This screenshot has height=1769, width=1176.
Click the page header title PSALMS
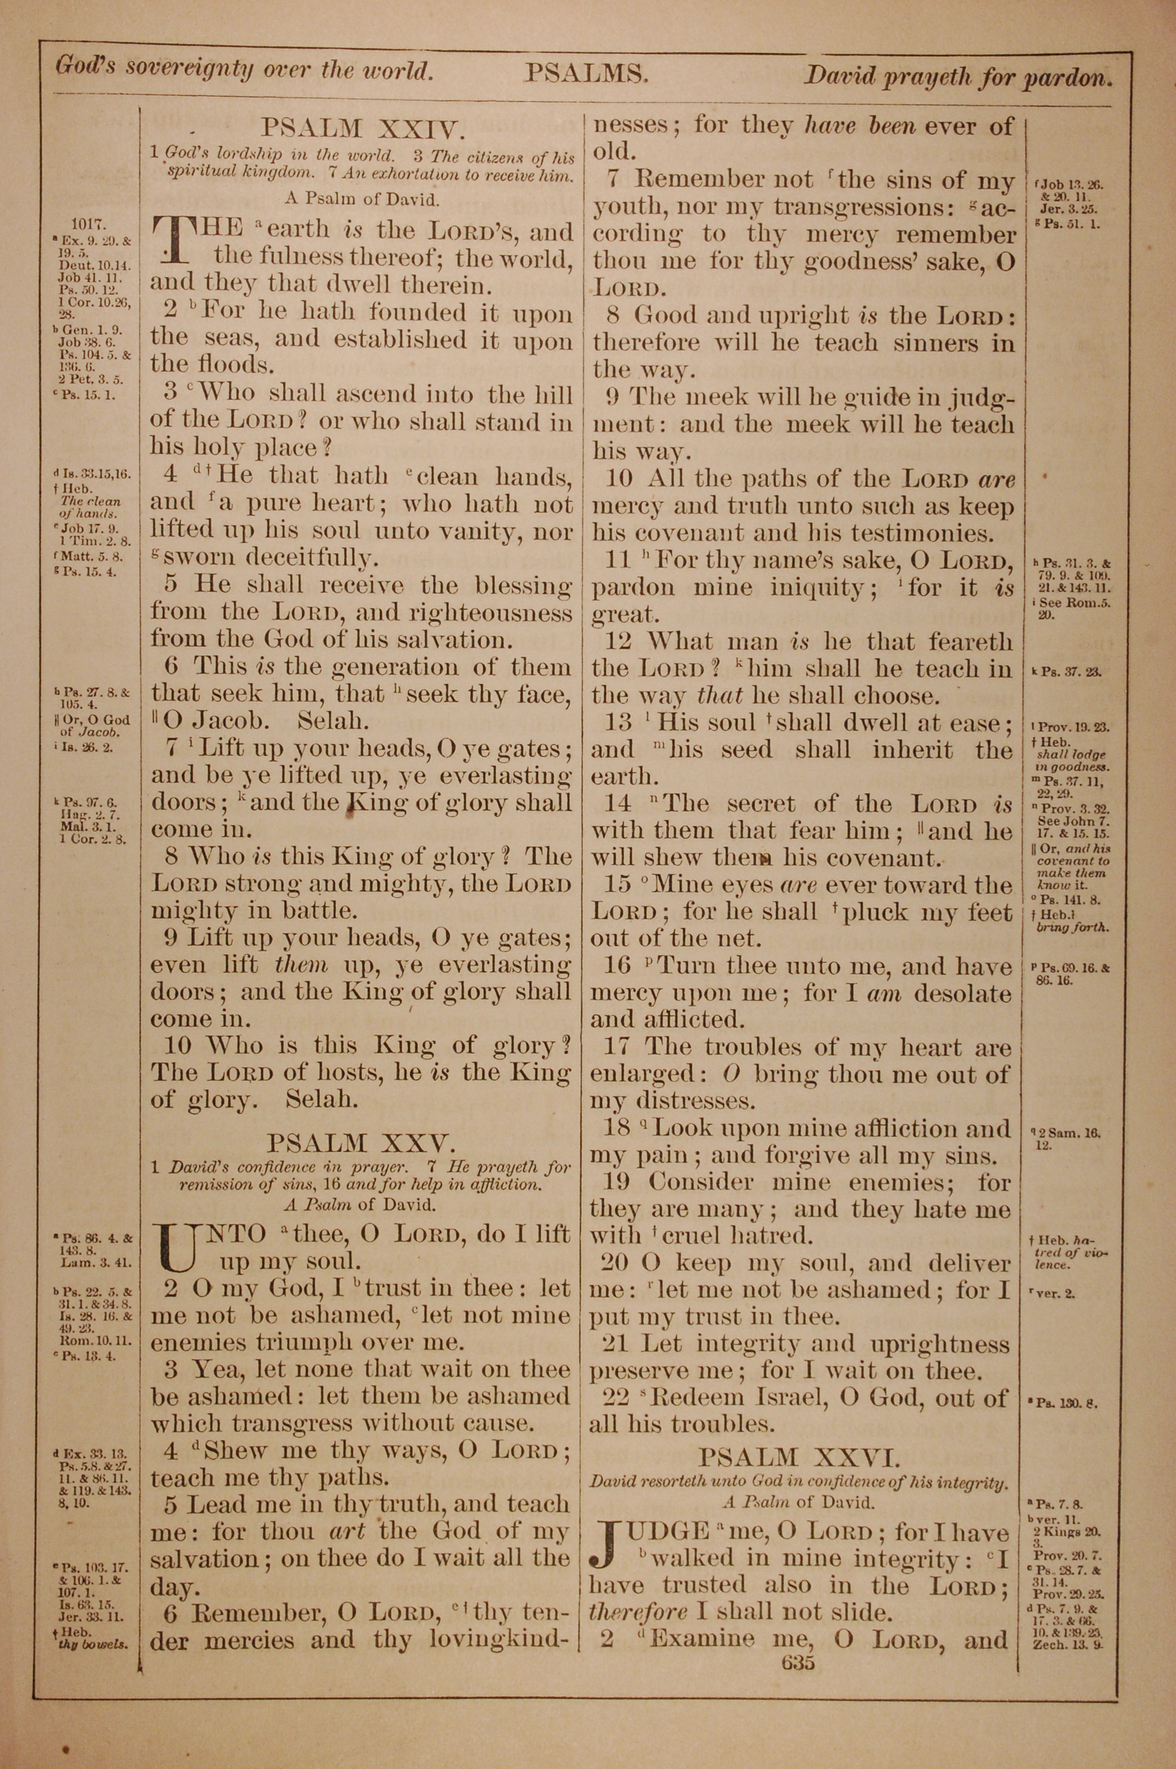point(586,74)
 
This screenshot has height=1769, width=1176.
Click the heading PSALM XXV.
point(361,1144)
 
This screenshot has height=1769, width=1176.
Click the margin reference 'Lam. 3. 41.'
point(95,1262)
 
